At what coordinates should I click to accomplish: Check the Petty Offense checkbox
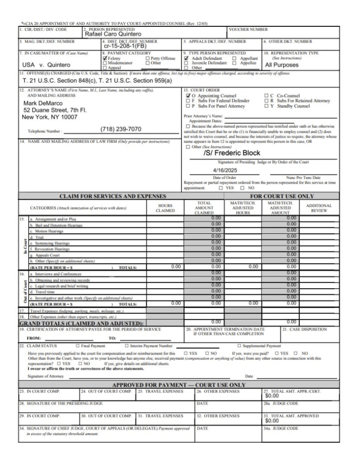(147, 59)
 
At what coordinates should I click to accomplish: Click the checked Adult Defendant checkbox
(186, 59)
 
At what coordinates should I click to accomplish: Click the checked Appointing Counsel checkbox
(186, 95)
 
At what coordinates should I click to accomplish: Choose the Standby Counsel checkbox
(267, 106)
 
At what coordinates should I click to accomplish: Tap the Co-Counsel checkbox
(267, 95)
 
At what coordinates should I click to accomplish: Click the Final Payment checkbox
(77, 345)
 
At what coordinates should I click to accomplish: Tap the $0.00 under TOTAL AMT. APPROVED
(273, 420)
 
